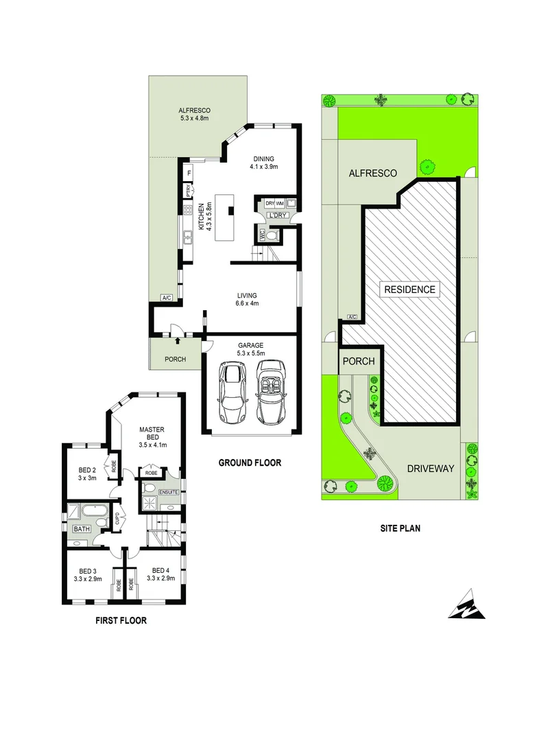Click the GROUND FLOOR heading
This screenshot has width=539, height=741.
pyautogui.click(x=250, y=463)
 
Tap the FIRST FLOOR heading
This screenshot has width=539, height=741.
pyautogui.click(x=120, y=621)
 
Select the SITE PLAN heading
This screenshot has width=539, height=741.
pyautogui.click(x=400, y=528)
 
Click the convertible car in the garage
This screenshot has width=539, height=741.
pyautogui.click(x=271, y=392)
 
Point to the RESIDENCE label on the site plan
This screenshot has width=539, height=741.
pyautogui.click(x=409, y=290)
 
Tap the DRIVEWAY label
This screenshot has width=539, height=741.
pyautogui.click(x=431, y=469)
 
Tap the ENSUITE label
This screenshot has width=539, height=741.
pyautogui.click(x=169, y=492)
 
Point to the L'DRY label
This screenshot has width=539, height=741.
pyautogui.click(x=277, y=215)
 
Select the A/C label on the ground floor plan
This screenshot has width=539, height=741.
pyautogui.click(x=166, y=298)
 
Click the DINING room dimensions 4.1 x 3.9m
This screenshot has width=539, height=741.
pyautogui.click(x=263, y=166)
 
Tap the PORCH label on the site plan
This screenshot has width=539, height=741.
pyautogui.click(x=358, y=362)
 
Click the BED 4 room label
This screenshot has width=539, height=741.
pyautogui.click(x=160, y=570)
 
